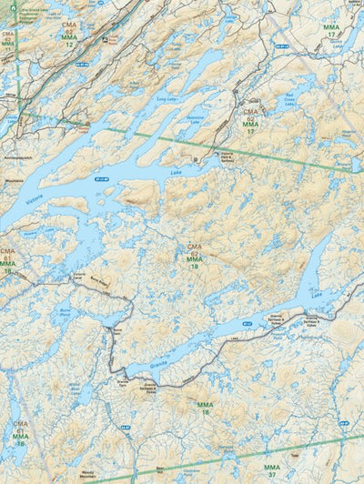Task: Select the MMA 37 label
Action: point(272,469)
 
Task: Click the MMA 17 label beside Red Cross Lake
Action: point(250,126)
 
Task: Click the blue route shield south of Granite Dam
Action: point(127,425)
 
